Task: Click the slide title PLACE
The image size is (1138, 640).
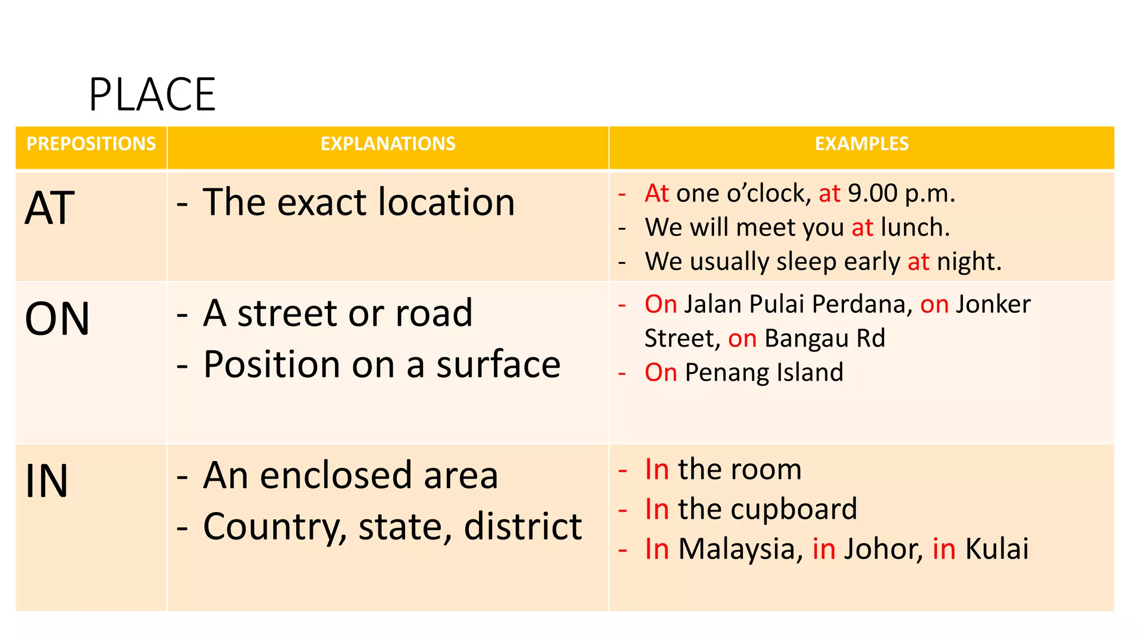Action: pyautogui.click(x=152, y=95)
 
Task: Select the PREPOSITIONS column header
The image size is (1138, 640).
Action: pyautogui.click(x=91, y=144)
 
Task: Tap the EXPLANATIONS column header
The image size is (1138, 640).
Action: pyautogui.click(x=388, y=144)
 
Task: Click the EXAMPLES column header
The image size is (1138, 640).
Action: pyautogui.click(x=861, y=144)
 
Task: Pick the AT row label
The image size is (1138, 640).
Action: pyautogui.click(x=50, y=208)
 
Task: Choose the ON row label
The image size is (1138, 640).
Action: pyautogui.click(x=57, y=319)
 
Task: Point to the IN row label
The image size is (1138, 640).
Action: pyautogui.click(x=47, y=481)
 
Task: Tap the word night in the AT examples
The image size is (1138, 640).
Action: pyautogui.click(x=969, y=262)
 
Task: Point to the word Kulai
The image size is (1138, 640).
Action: pyautogui.click(x=997, y=549)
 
